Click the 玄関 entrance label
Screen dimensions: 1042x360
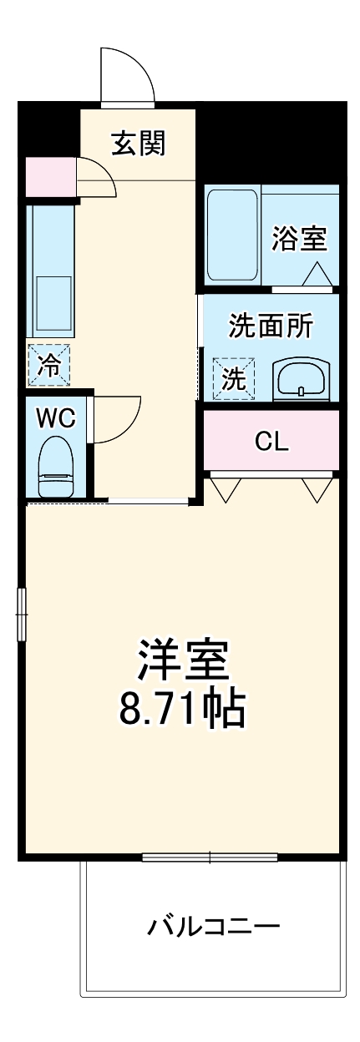pos(139,144)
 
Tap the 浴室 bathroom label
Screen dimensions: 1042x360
pos(299,239)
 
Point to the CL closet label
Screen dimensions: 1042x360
pos(271,442)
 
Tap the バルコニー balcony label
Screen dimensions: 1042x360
pos(214,926)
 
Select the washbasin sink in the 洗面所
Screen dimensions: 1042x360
pos(301,380)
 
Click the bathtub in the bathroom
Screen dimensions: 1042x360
pos(232,236)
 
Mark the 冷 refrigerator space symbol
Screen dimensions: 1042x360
pos(49,365)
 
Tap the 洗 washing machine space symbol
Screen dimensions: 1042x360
pos(233,380)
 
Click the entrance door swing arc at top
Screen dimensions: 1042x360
pos(127,76)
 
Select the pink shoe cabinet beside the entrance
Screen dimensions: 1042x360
pos(51,175)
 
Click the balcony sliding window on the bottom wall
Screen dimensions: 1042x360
pos(210,857)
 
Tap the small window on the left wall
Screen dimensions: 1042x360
pos(22,615)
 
